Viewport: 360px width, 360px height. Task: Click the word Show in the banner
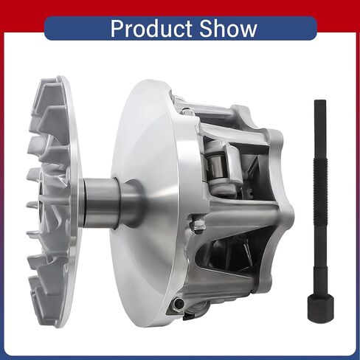[x=228, y=28]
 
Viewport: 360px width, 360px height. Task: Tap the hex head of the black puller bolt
[x=320, y=308]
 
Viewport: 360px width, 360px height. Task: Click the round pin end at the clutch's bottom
[x=178, y=304]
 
